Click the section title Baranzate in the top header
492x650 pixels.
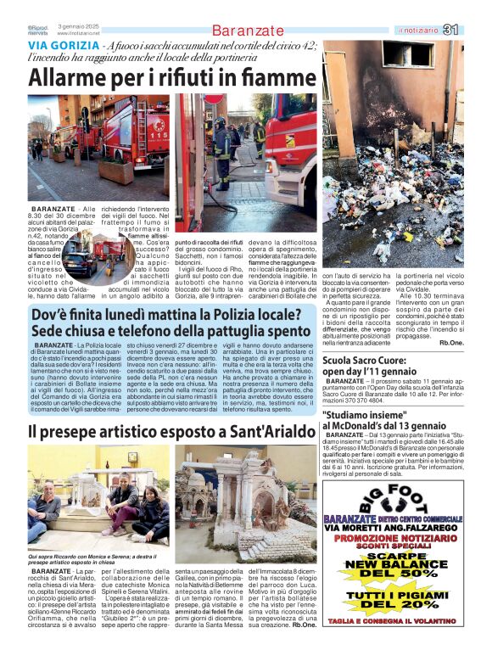point(248,31)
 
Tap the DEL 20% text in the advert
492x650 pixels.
point(394,605)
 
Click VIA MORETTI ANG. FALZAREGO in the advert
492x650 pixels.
point(392,527)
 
